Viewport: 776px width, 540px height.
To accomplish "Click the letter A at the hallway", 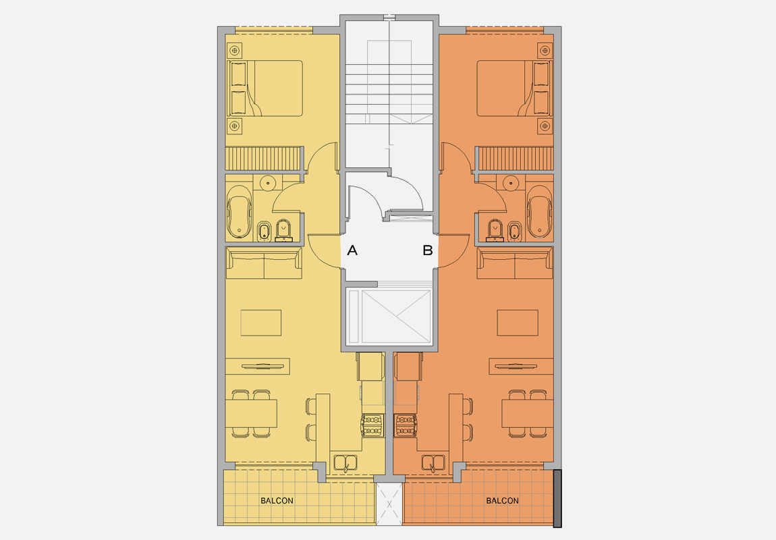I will pos(352,250).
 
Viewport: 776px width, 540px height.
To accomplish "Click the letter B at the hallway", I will pos(427,250).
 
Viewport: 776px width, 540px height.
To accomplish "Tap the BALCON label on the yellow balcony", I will pos(277,501).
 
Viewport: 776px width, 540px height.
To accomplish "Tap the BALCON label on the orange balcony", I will pos(502,501).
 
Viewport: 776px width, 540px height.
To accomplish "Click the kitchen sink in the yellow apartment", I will pos(345,464).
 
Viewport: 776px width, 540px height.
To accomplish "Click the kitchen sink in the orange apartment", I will pos(433,464).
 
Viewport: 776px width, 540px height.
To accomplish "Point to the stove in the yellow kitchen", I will pos(372,425).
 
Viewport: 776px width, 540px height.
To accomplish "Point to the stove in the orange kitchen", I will pos(406,425).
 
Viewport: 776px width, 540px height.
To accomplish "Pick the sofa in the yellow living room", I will pos(264,263).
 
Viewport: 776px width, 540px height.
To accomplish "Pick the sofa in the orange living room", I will pos(515,263).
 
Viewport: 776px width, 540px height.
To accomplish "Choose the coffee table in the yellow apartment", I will pos(261,323).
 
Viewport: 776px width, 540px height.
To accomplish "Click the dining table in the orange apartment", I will pos(527,413).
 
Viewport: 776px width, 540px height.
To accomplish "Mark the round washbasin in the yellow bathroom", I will pos(269,182).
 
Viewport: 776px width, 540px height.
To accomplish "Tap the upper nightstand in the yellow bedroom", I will pos(235,50).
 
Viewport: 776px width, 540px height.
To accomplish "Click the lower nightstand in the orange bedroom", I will pos(545,126).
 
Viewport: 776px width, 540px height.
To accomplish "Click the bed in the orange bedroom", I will pos(513,88).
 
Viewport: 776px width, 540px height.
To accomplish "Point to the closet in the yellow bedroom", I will pos(262,159).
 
